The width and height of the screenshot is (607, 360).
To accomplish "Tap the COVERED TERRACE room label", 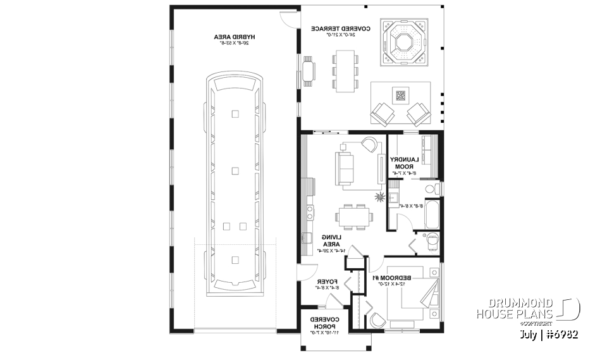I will point(334,31).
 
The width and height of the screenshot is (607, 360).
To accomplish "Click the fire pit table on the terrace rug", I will point(400,96).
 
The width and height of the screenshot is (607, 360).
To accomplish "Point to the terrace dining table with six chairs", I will point(345,71).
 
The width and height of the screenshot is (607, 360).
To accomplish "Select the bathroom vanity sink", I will point(393,201).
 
